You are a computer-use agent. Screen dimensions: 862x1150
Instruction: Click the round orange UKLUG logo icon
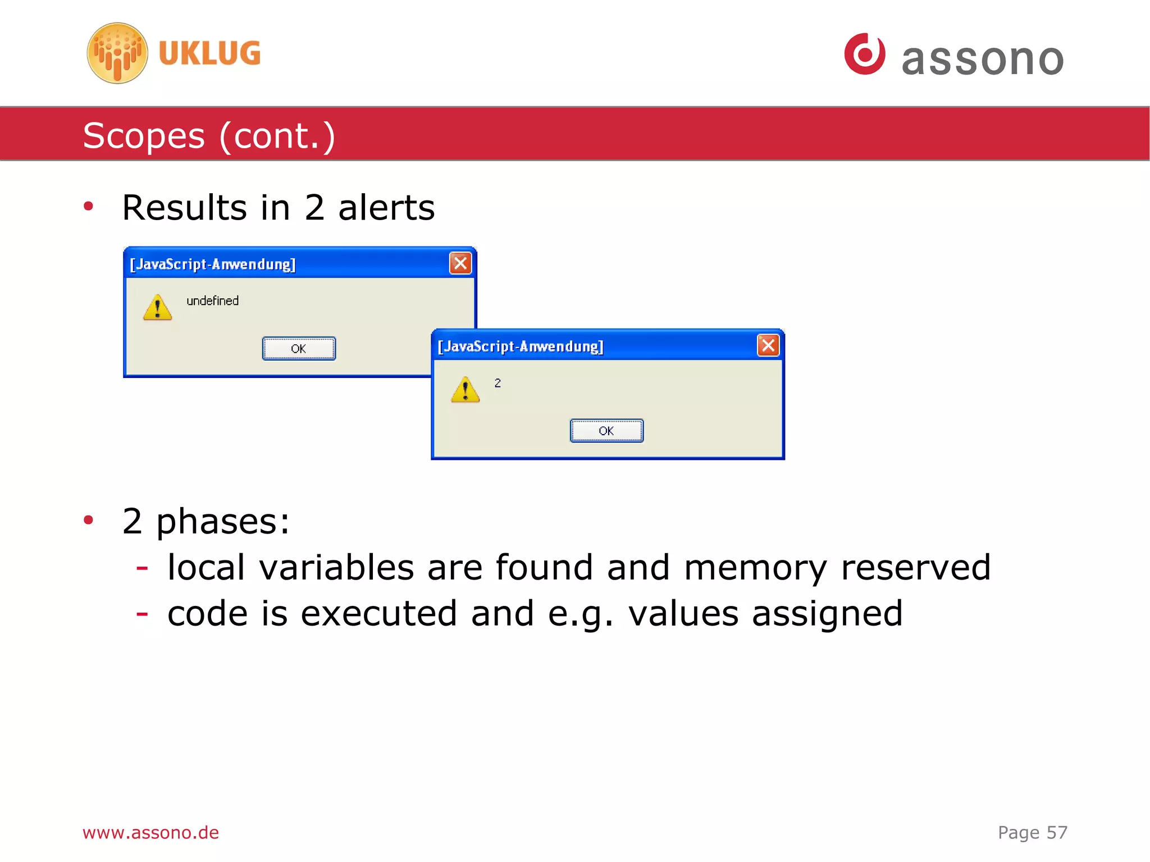117,53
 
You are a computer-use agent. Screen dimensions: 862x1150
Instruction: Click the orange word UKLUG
209,53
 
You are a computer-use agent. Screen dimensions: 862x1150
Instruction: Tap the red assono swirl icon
865,54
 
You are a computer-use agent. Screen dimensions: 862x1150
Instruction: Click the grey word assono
983,59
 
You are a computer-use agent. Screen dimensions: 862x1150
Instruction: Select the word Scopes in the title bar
144,136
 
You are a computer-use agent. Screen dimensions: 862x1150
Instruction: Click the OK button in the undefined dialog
299,349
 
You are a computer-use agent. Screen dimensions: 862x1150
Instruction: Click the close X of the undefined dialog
460,263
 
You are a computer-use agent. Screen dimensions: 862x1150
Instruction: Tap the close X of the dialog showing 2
768,345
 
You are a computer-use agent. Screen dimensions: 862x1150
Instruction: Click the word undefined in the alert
212,301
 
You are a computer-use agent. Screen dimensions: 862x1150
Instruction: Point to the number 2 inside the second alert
498,383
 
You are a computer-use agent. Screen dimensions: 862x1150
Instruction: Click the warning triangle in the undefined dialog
157,308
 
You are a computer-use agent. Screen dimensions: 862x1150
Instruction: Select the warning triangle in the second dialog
465,390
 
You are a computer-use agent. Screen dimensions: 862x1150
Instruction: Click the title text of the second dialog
521,346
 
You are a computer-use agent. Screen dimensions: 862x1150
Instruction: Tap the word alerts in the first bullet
386,208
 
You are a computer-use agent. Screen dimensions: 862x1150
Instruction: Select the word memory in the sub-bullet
755,568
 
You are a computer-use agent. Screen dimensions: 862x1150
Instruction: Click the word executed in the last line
379,613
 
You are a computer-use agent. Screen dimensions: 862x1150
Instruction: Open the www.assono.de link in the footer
150,832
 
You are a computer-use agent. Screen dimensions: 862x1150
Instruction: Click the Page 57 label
1032,832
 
